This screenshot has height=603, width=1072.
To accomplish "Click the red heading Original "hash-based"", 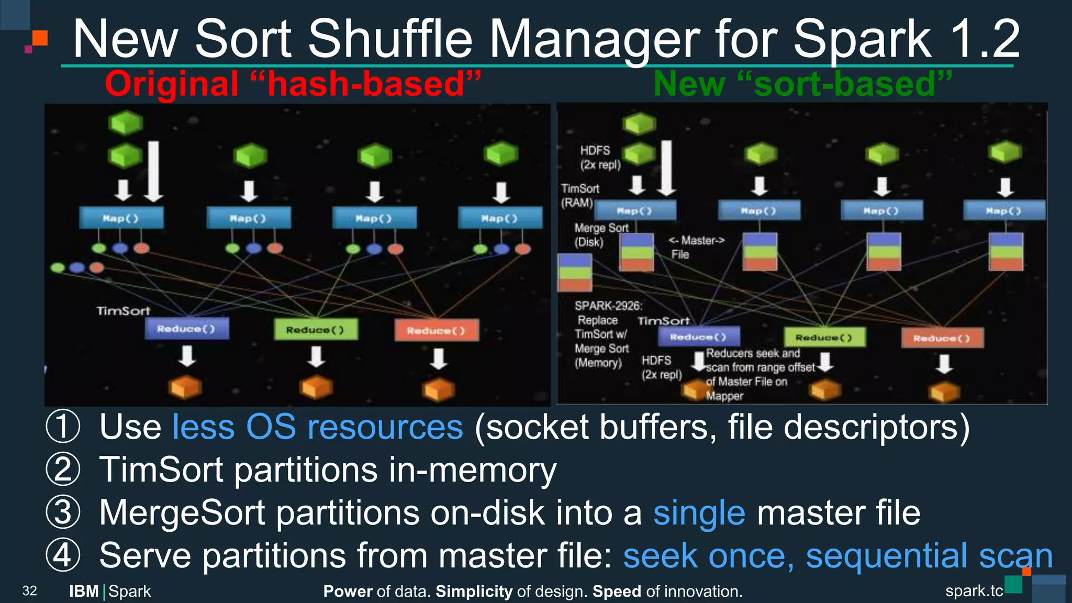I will pos(293,84).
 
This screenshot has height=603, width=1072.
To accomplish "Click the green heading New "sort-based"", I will pos(802,84).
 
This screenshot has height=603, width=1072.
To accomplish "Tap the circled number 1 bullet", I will pos(63,427).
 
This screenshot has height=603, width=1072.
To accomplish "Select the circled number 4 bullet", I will pos(63,555).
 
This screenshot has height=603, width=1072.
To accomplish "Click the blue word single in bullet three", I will pos(699,513).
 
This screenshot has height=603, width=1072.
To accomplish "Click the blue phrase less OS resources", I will pos(318,427).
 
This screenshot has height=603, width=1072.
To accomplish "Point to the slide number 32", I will pos(29,591).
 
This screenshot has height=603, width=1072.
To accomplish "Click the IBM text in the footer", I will pos(84,591).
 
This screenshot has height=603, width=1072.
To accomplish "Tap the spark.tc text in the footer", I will pos(974,591).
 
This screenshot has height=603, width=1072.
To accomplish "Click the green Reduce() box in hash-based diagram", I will pos(316,330).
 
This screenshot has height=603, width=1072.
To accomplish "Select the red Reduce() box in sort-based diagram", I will pos(942,338).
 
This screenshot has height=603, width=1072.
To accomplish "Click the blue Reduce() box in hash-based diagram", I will pos(186,329).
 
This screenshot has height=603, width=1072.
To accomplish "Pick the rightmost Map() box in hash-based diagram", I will pos(500,218).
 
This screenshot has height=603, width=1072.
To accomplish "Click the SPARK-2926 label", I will pos(608,306).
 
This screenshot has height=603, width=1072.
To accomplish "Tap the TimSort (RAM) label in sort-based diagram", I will pos(579,195).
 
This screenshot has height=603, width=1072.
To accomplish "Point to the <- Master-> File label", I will pos(696,247).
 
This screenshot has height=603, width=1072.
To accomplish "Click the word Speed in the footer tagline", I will pos(617,591).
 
